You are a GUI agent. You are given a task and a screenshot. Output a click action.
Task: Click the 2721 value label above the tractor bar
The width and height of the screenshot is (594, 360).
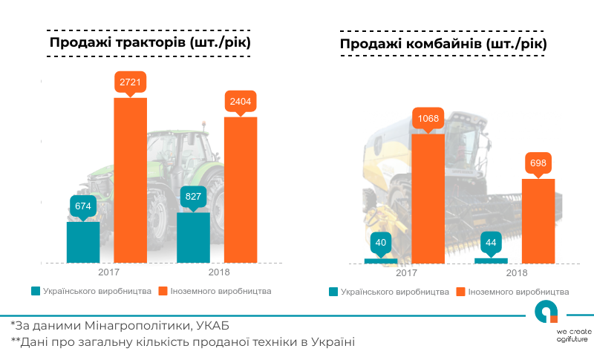(x=130, y=82)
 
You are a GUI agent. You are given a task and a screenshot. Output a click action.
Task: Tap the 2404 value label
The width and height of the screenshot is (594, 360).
(x=241, y=102)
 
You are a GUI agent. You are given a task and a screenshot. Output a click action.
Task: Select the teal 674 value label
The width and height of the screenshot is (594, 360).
(x=83, y=206)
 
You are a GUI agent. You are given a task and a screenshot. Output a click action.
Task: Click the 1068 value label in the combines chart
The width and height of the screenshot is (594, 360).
(x=427, y=118)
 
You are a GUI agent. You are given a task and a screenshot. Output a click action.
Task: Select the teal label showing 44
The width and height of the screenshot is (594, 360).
(x=491, y=243)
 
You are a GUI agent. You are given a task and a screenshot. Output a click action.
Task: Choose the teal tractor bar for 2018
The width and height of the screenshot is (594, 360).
(x=193, y=238)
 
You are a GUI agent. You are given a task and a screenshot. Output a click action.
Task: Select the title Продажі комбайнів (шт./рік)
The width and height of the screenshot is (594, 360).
(x=443, y=44)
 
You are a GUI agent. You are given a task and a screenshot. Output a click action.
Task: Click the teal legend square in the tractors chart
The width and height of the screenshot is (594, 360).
(x=35, y=291)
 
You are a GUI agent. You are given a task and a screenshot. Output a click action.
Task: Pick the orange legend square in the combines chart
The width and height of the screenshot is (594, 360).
(x=461, y=292)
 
